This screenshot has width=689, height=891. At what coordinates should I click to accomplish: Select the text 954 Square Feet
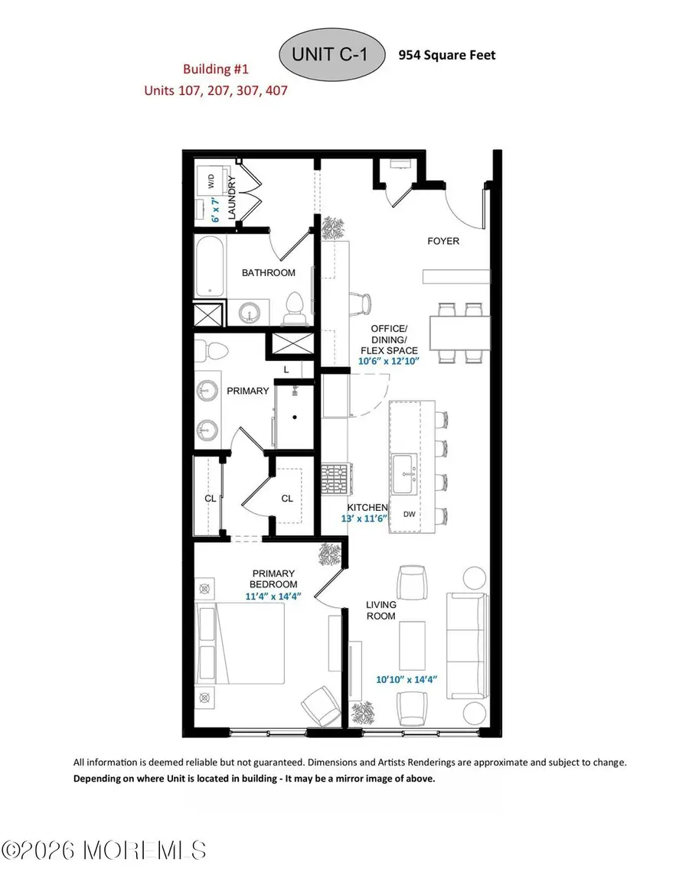tap(446, 55)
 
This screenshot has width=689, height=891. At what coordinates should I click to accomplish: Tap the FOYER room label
tap(443, 241)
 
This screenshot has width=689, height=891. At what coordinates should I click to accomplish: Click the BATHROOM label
tap(268, 272)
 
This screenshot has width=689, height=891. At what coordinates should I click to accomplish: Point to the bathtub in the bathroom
tap(209, 267)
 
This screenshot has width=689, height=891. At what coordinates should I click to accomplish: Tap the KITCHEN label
tap(367, 508)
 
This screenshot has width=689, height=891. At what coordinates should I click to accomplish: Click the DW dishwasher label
tap(410, 514)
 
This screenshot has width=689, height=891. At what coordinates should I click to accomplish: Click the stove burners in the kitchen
tap(335, 479)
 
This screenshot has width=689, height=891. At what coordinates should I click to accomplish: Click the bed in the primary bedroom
tap(240, 643)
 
